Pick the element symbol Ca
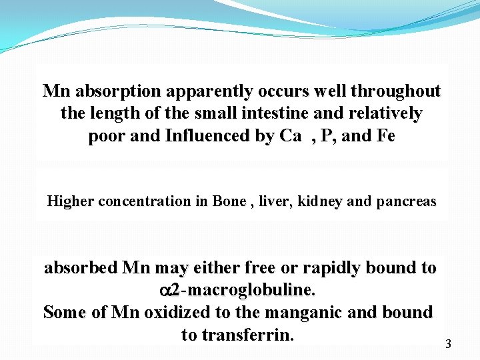[290, 137]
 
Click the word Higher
[71, 201]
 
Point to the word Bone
[229, 201]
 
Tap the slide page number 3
[448, 345]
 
